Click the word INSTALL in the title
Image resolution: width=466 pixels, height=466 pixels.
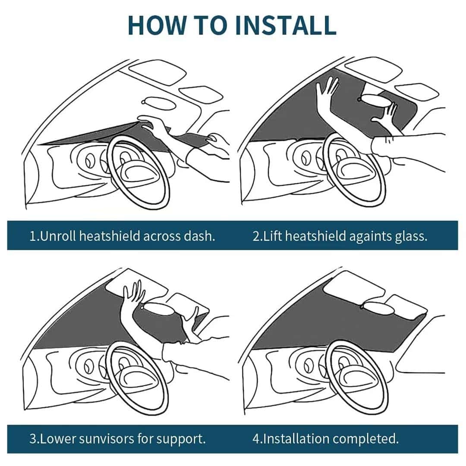pyautogui.click(x=286, y=25)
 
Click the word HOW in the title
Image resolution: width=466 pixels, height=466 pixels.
pyautogui.click(x=157, y=25)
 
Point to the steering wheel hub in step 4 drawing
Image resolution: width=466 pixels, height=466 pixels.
pyautogui.click(x=356, y=375)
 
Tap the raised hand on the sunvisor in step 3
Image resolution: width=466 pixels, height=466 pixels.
pyautogui.click(x=133, y=293)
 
